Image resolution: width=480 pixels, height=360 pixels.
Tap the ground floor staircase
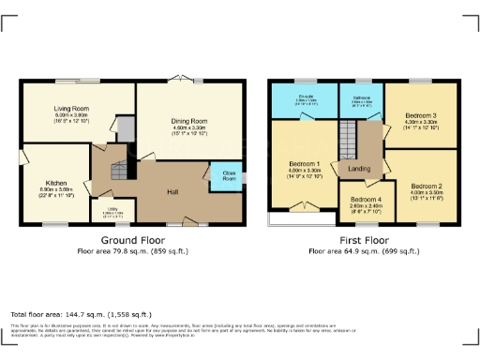click(117, 171)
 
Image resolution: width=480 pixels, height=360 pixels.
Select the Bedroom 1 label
click(305, 164)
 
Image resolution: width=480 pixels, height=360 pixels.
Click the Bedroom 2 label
click(426, 185)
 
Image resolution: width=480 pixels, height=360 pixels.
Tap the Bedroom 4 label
click(367, 200)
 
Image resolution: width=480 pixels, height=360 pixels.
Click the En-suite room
click(304, 102)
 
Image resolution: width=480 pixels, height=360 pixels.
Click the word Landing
click(359, 169)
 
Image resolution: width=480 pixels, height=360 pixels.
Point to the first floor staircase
click(348, 142)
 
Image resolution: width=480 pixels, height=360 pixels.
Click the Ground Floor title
click(127, 240)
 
